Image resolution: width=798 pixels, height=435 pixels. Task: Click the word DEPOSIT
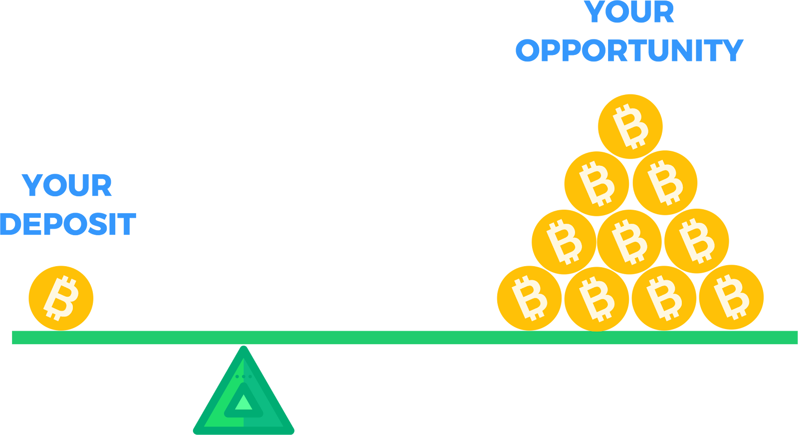(68, 224)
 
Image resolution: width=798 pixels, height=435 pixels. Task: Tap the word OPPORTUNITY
(629, 50)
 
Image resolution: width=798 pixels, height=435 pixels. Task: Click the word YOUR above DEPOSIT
(67, 185)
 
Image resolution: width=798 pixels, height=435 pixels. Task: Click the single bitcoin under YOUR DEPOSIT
(61, 298)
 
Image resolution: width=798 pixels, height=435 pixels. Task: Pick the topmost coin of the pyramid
(630, 126)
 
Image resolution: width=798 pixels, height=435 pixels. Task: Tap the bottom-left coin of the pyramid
(529, 298)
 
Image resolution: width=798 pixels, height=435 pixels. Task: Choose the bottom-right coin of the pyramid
(731, 297)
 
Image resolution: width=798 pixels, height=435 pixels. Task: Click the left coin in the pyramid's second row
(597, 184)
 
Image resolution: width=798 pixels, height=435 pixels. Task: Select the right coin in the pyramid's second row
(665, 183)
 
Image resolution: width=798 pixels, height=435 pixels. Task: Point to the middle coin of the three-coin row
(629, 242)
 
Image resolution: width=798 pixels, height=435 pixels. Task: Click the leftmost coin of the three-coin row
(564, 242)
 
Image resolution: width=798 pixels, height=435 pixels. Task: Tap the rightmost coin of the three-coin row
(696, 241)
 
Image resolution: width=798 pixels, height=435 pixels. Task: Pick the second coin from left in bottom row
(597, 299)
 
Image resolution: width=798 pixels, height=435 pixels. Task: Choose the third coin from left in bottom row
(664, 298)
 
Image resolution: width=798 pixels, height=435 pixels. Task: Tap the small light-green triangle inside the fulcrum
(244, 403)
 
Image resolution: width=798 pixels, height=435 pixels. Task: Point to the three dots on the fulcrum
(243, 376)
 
